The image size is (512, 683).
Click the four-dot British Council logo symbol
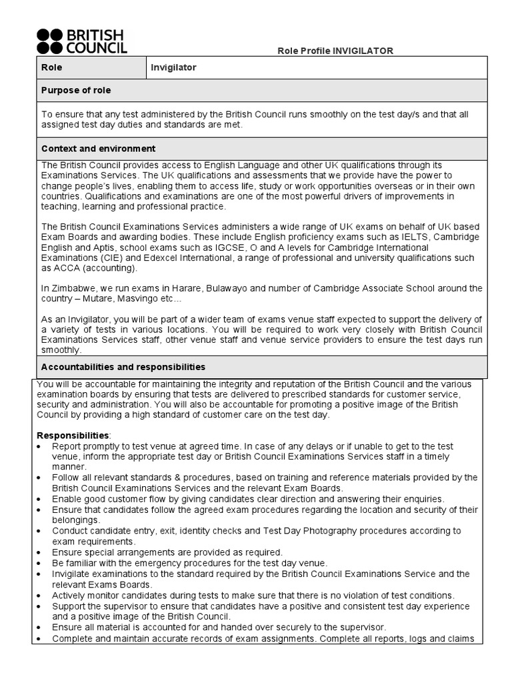pos(50,41)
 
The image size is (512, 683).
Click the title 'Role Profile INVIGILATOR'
pos(335,51)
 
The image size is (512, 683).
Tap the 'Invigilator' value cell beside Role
pos(174,67)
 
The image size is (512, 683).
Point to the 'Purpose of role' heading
pos(76,90)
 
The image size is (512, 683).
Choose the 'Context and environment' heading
pos(98,149)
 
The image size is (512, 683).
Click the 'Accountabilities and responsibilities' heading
pos(123,368)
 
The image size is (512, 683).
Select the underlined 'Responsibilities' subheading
pos(73,436)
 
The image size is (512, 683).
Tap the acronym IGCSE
pos(229,247)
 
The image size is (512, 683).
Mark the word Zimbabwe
pos(71,288)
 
